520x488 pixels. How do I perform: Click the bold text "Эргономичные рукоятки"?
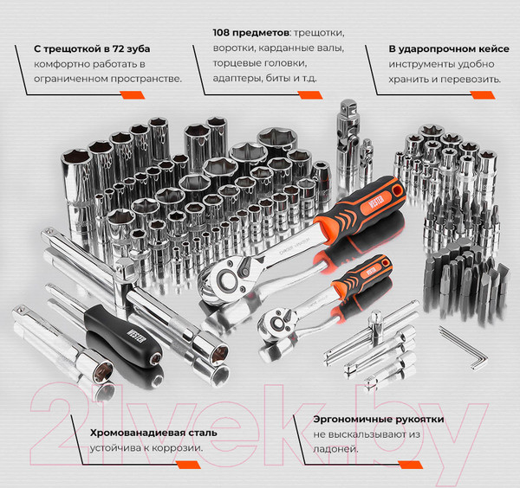[x=379, y=420]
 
